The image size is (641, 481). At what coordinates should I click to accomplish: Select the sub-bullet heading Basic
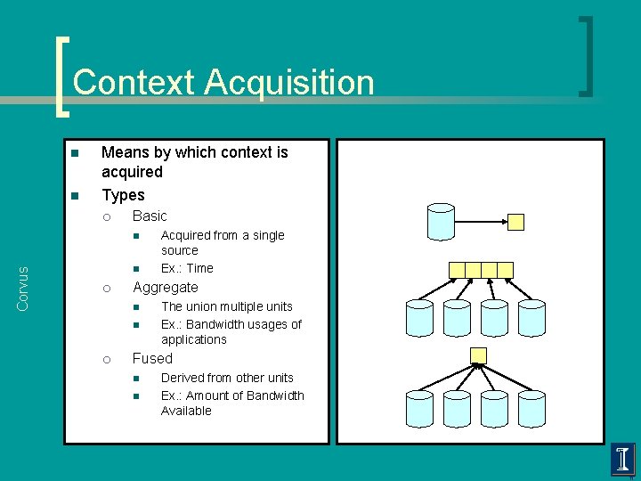pyautogui.click(x=150, y=216)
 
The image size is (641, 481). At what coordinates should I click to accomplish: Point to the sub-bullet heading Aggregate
pyautogui.click(x=165, y=287)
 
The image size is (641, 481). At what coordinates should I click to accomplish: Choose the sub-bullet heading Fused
pyautogui.click(x=152, y=358)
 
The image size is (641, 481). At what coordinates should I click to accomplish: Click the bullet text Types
pyautogui.click(x=123, y=194)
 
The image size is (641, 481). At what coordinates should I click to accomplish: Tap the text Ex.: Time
pyautogui.click(x=187, y=268)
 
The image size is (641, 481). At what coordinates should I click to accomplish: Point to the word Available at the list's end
pyautogui.click(x=186, y=411)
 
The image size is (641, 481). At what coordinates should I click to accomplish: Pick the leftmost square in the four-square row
pyautogui.click(x=457, y=270)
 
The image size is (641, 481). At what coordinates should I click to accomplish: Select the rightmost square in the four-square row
pyautogui.click(x=505, y=270)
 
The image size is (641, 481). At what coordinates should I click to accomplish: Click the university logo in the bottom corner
pyautogui.click(x=623, y=460)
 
